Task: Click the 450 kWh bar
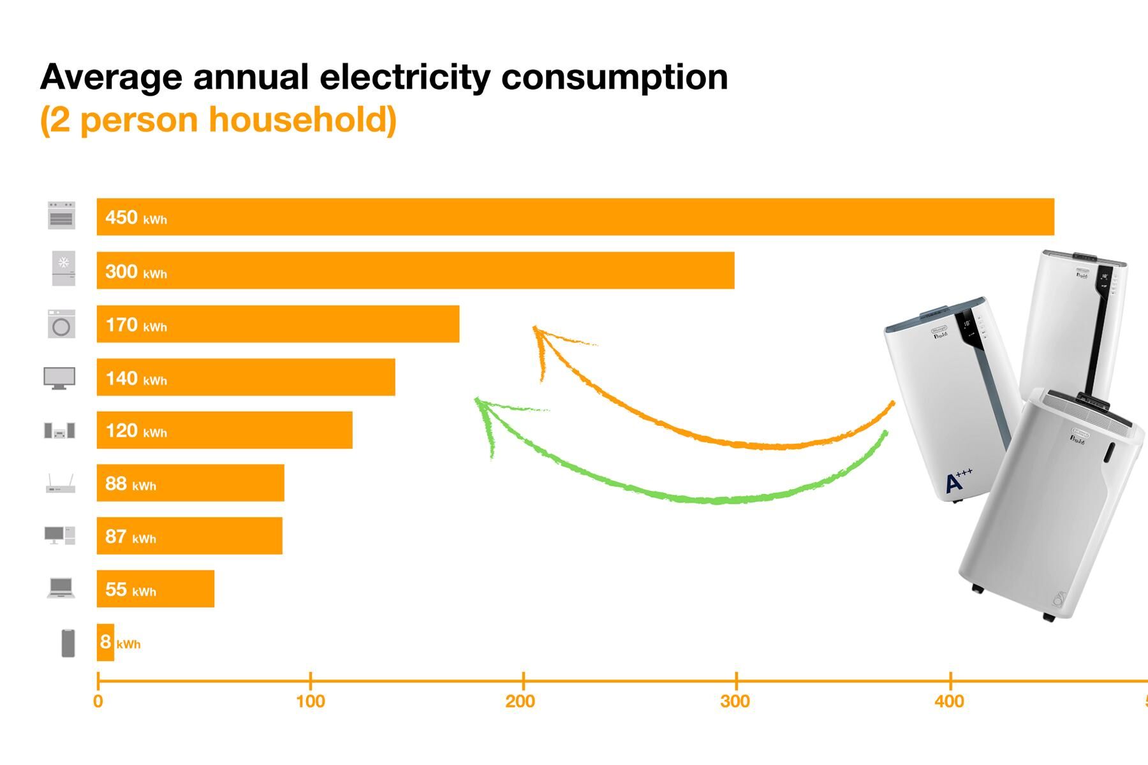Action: point(574,217)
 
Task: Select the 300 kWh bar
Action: point(415,270)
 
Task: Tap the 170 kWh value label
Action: point(135,325)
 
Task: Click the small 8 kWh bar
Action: point(105,643)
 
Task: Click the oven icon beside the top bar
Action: point(61,215)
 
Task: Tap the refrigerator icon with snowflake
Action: point(63,268)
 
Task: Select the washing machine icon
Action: point(61,324)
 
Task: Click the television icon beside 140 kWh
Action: point(59,378)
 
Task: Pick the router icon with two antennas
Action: point(61,484)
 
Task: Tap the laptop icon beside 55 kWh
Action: point(61,588)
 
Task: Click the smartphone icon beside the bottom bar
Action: point(68,643)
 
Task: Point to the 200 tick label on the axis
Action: point(520,702)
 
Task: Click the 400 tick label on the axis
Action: point(949,702)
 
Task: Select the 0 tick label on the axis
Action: point(98,702)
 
